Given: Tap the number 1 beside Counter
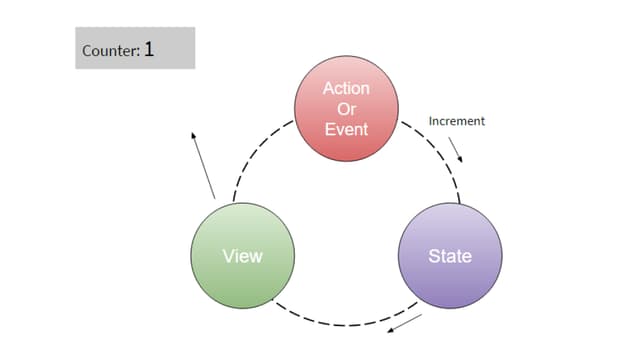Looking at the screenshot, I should [x=149, y=48].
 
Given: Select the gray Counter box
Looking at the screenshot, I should [x=135, y=48].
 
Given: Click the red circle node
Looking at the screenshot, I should [x=346, y=109].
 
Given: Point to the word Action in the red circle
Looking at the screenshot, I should [x=346, y=89].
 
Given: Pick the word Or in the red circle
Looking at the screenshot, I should [x=346, y=109].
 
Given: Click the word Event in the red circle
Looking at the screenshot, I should [x=346, y=129].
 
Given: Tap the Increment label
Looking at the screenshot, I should [x=456, y=121].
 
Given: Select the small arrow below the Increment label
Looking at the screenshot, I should [x=456, y=149].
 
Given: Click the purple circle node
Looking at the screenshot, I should [x=449, y=255].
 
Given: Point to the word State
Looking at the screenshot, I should [x=449, y=255].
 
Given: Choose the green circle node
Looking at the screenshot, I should [x=242, y=255].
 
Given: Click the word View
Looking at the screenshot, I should [x=242, y=255].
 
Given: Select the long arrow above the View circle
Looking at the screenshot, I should [x=202, y=165].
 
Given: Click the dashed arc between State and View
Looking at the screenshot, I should [x=345, y=324].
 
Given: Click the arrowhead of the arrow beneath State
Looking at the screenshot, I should [x=390, y=332].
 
